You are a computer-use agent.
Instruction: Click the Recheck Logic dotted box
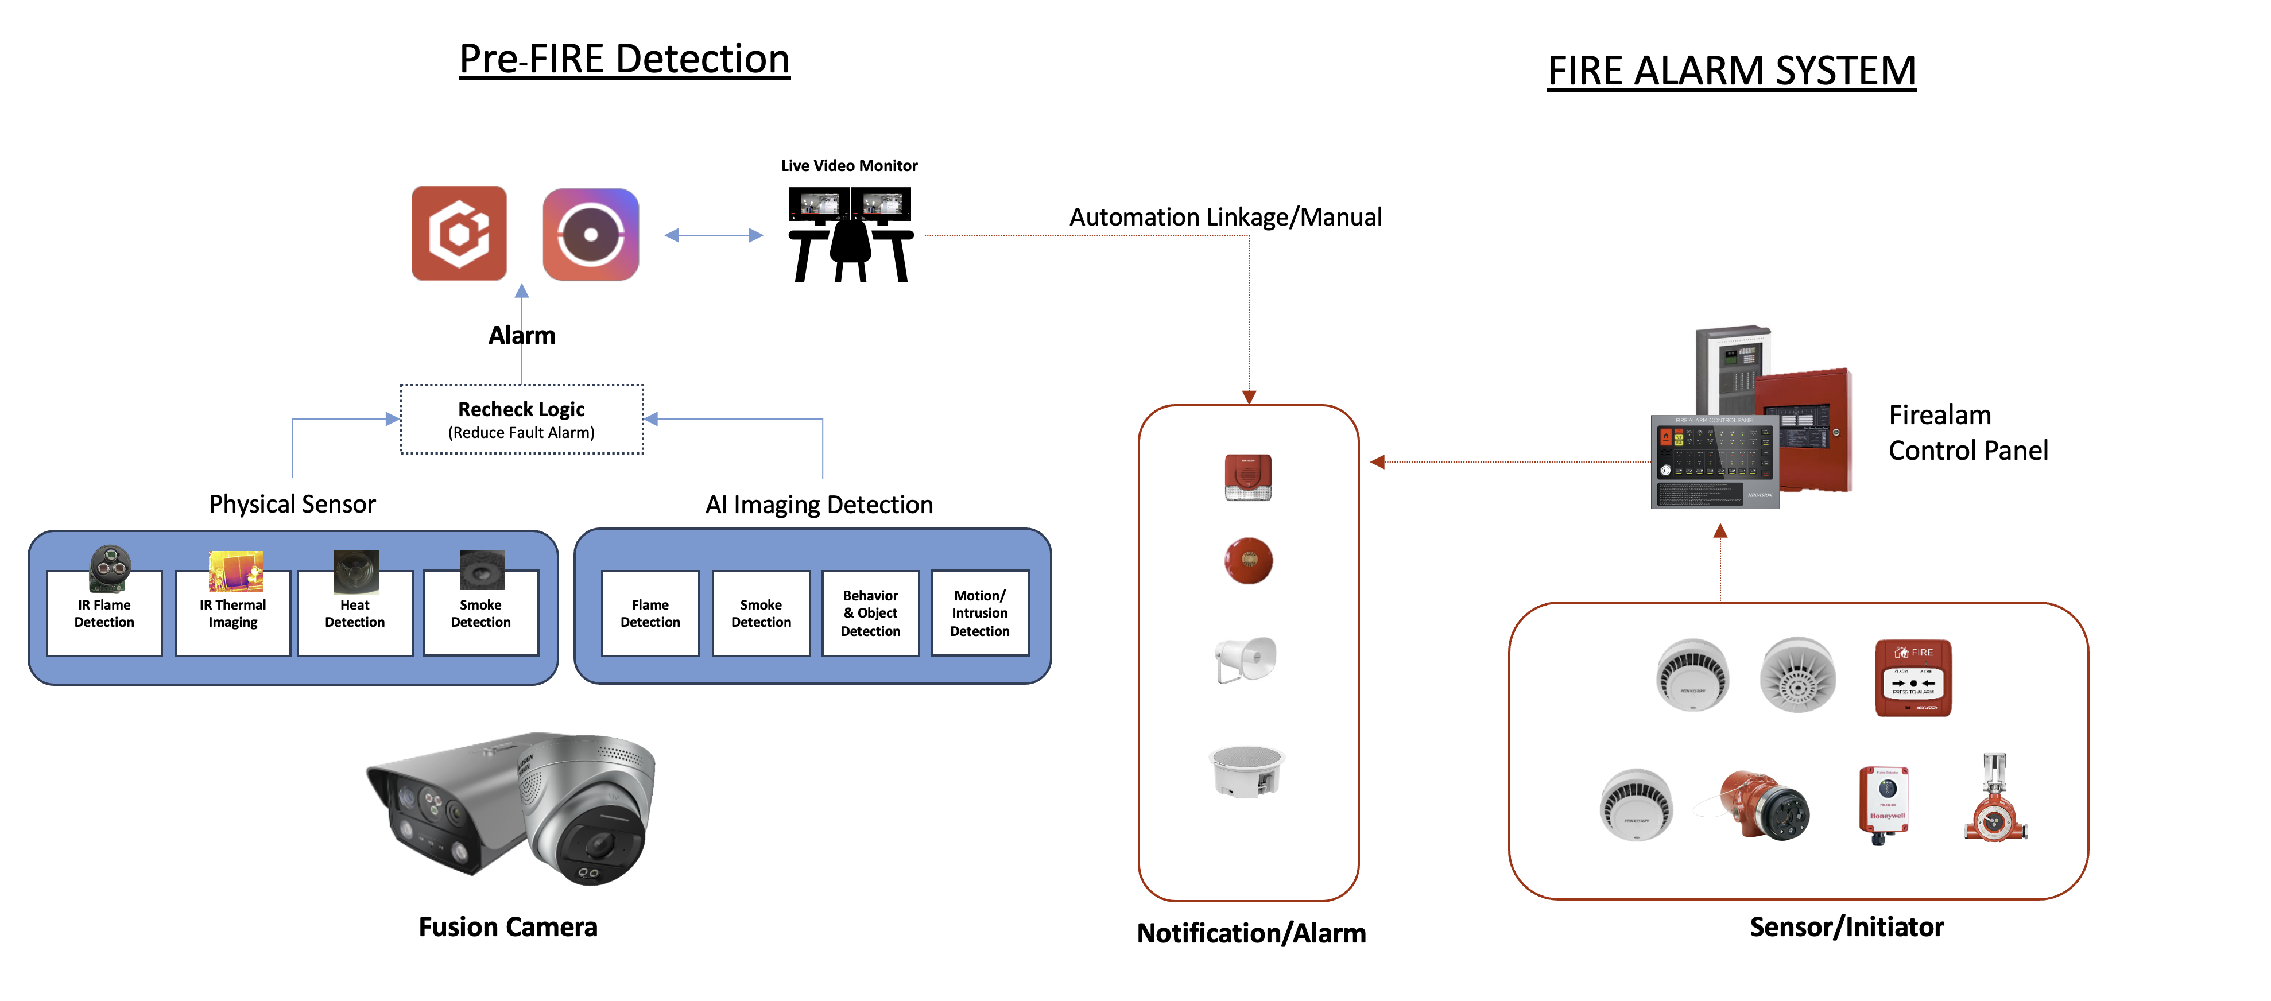pos(521,420)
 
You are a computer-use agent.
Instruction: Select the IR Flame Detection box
pos(104,614)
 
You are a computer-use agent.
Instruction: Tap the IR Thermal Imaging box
pos(232,614)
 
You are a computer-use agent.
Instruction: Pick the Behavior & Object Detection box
pos(870,614)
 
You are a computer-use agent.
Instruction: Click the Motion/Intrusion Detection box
pos(979,614)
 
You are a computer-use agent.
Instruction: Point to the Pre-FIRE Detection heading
pos(624,60)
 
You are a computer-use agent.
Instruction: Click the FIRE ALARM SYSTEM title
pos(1731,71)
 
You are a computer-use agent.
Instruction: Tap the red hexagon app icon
pos(459,234)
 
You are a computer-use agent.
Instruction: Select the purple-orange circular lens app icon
pos(591,234)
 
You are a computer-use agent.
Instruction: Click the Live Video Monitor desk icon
pos(850,234)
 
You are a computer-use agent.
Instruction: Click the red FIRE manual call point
pos(1912,678)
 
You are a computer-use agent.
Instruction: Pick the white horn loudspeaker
pos(1245,658)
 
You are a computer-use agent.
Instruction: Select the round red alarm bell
pos(1249,560)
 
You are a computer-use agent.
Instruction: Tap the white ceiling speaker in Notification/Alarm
pos(1247,771)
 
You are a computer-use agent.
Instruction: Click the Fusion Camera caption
pos(508,927)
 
